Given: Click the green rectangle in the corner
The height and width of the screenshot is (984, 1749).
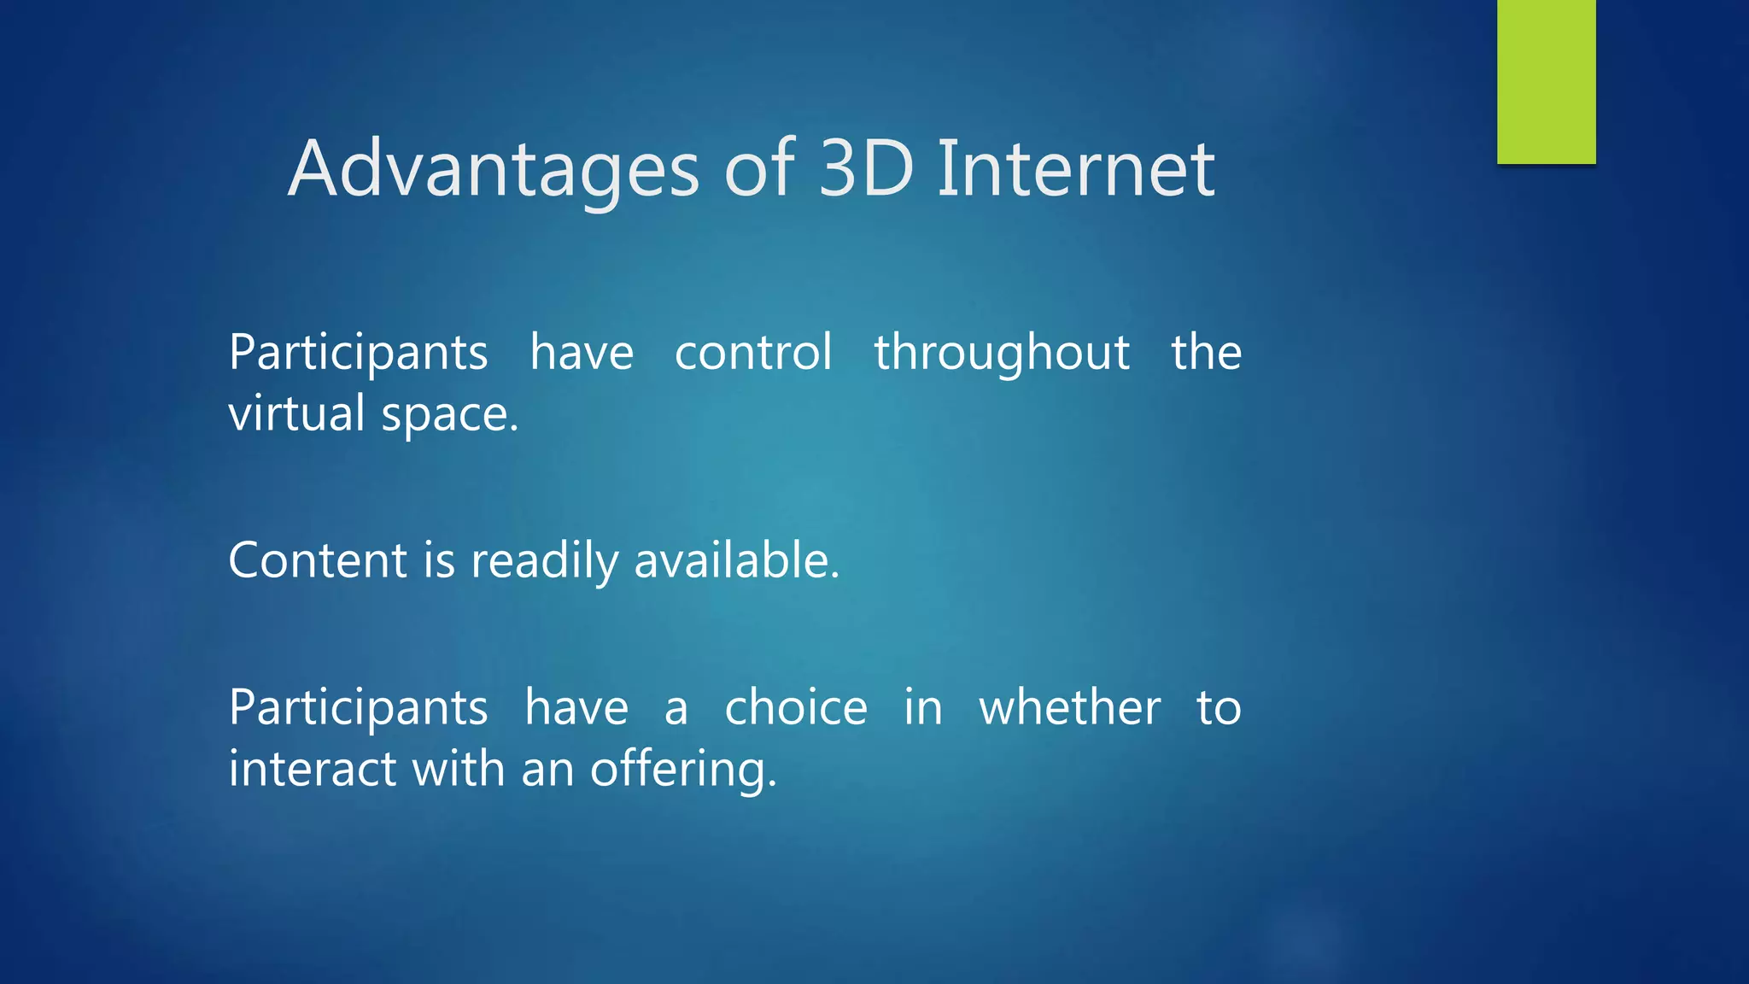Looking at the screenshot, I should click(x=1546, y=81).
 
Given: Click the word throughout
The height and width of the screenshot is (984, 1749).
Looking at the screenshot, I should click(x=1002, y=354).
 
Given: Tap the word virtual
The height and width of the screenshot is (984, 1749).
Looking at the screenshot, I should click(x=296, y=413).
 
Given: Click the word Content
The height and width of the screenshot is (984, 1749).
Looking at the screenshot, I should click(x=318, y=560).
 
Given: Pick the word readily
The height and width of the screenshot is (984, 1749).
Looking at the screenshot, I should click(x=544, y=562).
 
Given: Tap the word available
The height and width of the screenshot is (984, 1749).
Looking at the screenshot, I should click(x=736, y=560).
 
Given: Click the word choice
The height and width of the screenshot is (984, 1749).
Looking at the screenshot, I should click(x=796, y=707).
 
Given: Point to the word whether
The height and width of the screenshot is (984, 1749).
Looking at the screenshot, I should click(x=1069, y=707).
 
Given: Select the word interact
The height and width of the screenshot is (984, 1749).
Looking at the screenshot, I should click(x=313, y=769).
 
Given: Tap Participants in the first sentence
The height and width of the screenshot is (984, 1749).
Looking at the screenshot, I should click(x=358, y=354).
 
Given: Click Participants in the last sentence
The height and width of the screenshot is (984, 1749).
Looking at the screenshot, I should click(x=358, y=709).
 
